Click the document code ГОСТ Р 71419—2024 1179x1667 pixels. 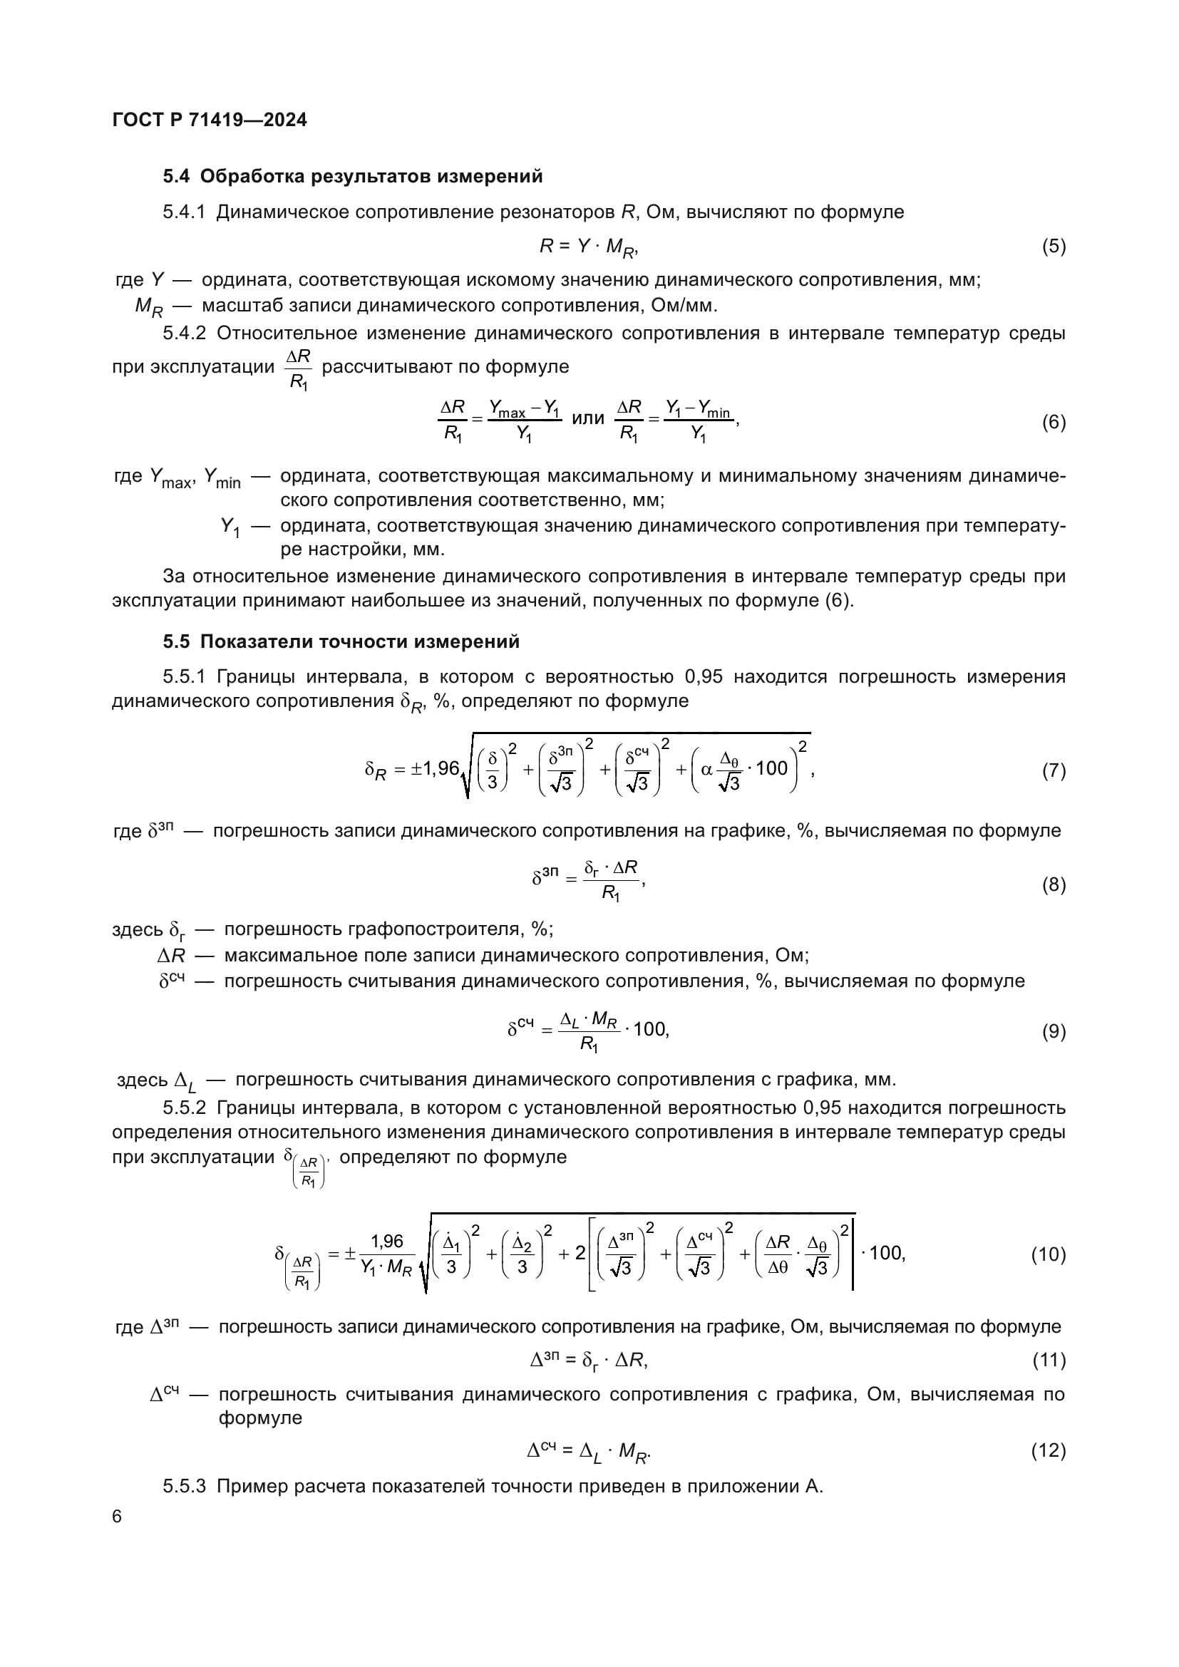coord(210,120)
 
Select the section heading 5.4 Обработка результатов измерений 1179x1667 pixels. coord(353,177)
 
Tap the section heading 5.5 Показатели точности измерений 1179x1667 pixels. coord(341,641)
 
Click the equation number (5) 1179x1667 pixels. coord(1054,246)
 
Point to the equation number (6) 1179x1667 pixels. coord(1054,422)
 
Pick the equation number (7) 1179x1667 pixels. coord(1054,770)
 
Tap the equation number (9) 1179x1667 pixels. coord(1054,1031)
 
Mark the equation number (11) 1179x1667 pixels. coord(1049,1360)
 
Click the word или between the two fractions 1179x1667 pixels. coord(588,418)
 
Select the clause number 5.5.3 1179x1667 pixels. coord(184,1486)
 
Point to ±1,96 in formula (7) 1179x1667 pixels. coord(435,768)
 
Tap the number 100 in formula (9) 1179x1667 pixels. coord(650,1029)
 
